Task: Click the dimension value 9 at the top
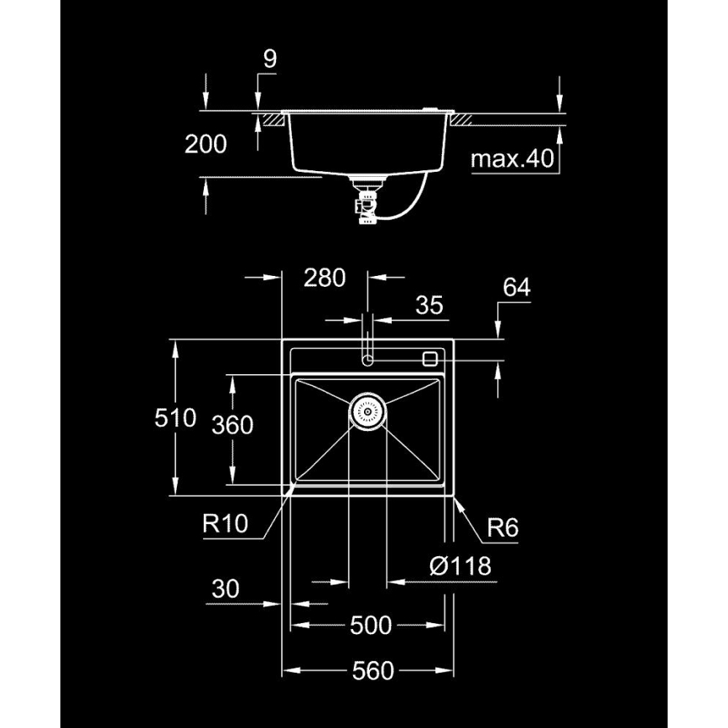[269, 59]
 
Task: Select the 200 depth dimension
[205, 144]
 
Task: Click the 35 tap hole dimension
[429, 305]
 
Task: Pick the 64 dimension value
[517, 288]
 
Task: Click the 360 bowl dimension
[232, 425]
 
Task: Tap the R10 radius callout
[226, 525]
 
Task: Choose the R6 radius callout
[503, 528]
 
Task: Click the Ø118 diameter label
[459, 566]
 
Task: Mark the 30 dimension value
[225, 589]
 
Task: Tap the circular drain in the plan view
[367, 411]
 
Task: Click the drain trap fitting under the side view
[367, 203]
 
